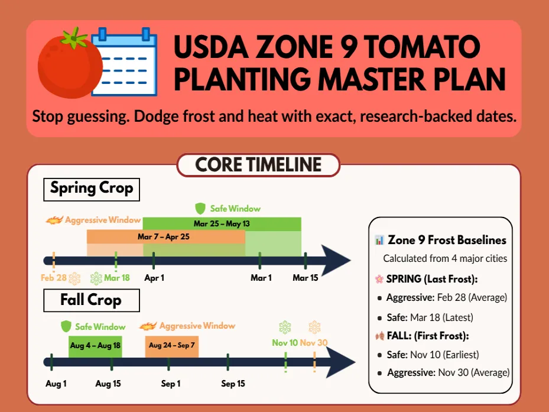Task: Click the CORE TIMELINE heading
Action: click(258, 165)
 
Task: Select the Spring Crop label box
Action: click(91, 189)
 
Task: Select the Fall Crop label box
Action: click(91, 300)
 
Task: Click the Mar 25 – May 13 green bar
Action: click(222, 224)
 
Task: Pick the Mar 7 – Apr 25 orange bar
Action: click(166, 236)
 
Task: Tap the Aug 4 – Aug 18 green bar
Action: click(95, 345)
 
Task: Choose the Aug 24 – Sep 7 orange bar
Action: click(171, 345)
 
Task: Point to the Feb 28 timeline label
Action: click(53, 277)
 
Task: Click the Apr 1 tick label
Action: click(154, 278)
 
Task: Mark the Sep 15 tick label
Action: click(233, 384)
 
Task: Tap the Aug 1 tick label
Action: click(56, 384)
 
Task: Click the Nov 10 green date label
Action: click(284, 343)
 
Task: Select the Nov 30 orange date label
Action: click(313, 343)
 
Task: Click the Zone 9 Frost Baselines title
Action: click(447, 240)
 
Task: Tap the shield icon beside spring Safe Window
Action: click(200, 208)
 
